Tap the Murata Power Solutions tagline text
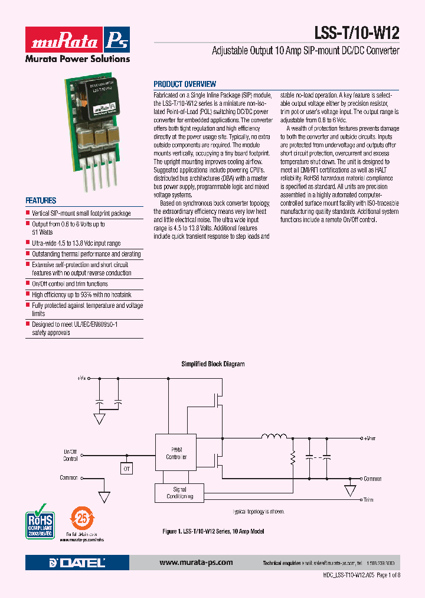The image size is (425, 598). point(77,58)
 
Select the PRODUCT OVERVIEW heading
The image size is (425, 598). point(185,84)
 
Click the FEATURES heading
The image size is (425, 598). point(41,201)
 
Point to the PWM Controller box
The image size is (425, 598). point(176,453)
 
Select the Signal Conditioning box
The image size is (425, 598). point(179,493)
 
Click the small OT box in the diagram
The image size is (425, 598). point(126,469)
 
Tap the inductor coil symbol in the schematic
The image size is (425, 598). point(272,437)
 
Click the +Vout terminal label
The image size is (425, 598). point(370,438)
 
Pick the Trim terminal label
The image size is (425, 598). point(368,500)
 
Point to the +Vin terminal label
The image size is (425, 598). point(83,377)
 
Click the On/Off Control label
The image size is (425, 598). point(70,455)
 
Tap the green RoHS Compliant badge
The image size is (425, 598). point(40,521)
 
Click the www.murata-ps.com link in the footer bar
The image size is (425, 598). point(196,563)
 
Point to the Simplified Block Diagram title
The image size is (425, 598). point(212,364)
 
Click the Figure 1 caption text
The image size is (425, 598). point(213,532)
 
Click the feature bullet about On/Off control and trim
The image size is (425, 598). point(70,284)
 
